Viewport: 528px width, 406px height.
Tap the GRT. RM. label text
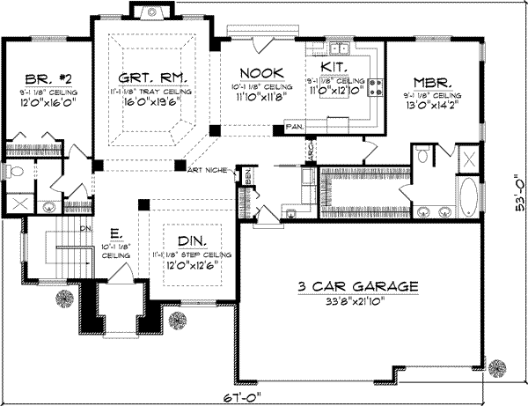click(x=145, y=78)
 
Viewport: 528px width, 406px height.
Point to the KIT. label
click(x=334, y=67)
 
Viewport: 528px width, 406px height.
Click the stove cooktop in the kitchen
click(x=378, y=87)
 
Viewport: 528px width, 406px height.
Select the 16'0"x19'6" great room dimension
click(x=145, y=101)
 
